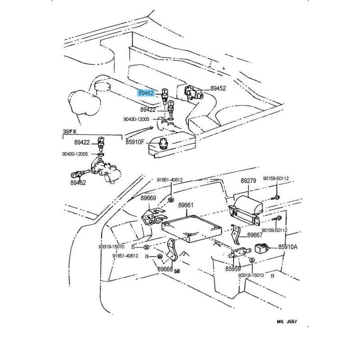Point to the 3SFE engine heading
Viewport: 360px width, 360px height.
[69, 131]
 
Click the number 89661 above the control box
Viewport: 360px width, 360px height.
[185, 205]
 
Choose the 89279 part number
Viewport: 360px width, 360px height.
[248, 181]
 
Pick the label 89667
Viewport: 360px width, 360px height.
[255, 235]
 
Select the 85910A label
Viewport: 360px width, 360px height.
[288, 247]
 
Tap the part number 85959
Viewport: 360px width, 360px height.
[233, 269]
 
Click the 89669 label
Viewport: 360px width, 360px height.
[148, 198]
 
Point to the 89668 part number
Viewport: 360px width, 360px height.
[165, 269]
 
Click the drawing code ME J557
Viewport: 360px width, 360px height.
[287, 322]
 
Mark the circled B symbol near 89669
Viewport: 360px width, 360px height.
[171, 199]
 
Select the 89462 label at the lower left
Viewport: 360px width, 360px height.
[78, 183]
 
